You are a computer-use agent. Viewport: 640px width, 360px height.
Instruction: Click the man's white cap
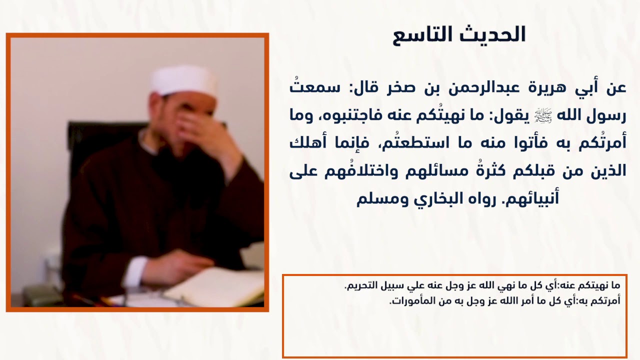pos(184,79)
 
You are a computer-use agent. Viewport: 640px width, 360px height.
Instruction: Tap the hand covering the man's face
pos(200,127)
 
